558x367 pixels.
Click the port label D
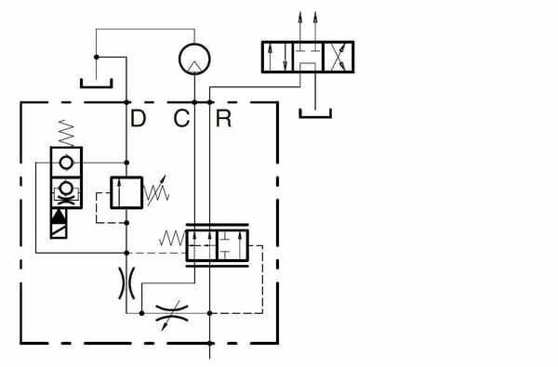(x=138, y=118)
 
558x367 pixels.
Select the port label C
(x=181, y=118)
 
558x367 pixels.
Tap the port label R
(x=223, y=118)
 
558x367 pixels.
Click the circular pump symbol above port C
(x=194, y=59)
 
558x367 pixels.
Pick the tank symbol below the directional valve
(x=316, y=113)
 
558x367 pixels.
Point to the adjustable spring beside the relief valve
(x=160, y=191)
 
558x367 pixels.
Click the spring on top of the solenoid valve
(x=67, y=135)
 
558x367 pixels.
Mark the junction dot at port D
(x=126, y=101)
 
